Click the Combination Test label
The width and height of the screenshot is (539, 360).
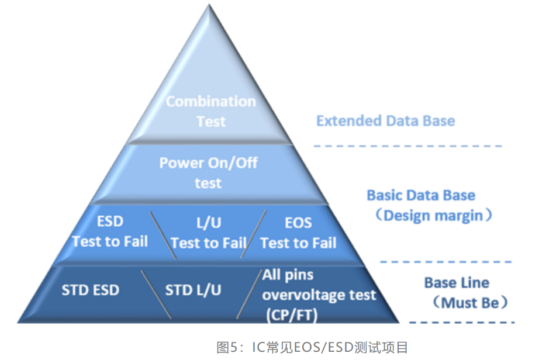coord(211,111)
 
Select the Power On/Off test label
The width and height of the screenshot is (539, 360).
coord(208,172)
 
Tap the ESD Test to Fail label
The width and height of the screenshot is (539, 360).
coord(110,232)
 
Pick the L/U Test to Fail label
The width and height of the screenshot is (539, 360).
coord(208,233)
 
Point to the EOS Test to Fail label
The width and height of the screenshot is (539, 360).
coord(298,233)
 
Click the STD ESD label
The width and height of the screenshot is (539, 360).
coord(91,290)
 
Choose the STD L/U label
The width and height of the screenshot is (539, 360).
coord(193,290)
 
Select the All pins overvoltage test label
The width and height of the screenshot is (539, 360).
coord(319,285)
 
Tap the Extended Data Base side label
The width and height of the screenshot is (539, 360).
coord(385,121)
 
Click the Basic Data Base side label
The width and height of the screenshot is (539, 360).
coord(421,195)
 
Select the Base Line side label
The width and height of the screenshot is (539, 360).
coord(457,283)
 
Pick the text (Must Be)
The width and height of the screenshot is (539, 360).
coord(465,303)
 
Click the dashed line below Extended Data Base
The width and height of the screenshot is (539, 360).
coord(407,146)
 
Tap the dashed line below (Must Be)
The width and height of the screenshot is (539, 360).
coord(461,323)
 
